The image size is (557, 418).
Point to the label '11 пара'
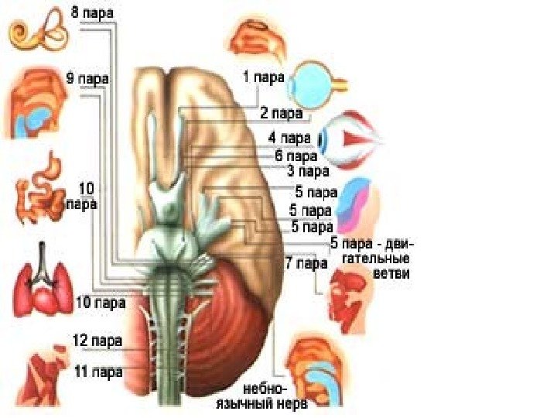point(97,372)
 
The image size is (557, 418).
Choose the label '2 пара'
point(280,114)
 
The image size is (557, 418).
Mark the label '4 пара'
point(289,139)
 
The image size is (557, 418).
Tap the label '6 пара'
point(292,155)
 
